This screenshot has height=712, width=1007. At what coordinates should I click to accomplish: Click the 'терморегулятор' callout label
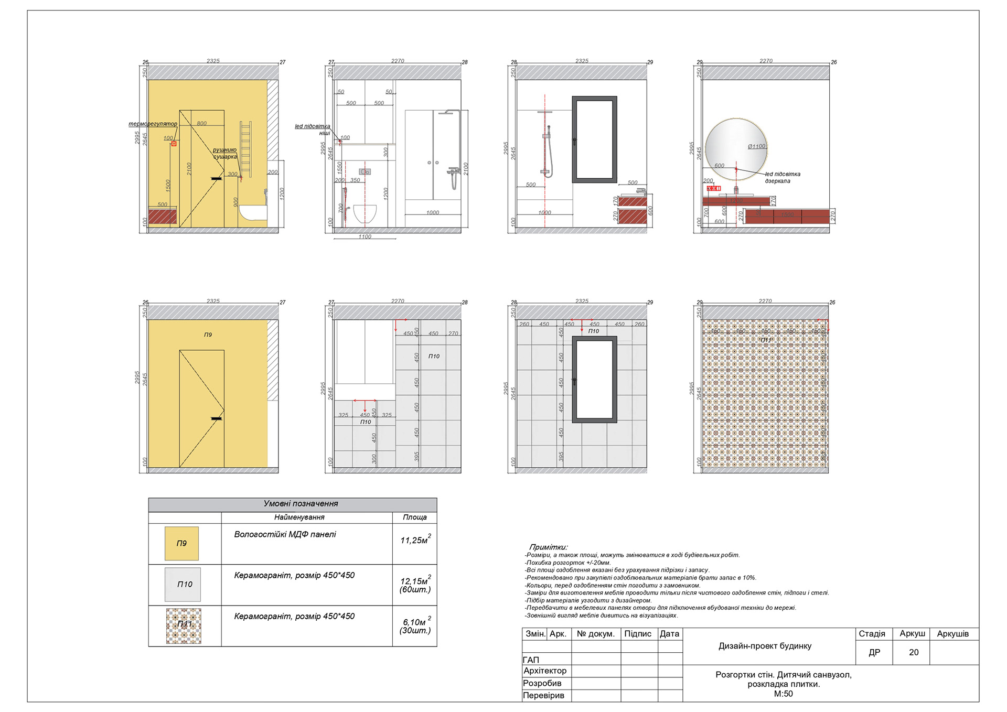click(153, 124)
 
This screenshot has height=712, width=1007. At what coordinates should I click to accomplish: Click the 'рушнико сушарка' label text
click(225, 153)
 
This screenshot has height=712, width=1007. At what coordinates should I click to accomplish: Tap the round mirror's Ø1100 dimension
click(756, 146)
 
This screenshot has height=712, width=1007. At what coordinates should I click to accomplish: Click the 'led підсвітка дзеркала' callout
click(782, 177)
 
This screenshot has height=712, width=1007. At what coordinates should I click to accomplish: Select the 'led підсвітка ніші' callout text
click(313, 130)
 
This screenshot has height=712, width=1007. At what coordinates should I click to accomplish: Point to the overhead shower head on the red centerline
click(545, 112)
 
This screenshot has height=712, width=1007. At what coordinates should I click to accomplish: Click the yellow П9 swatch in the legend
click(181, 543)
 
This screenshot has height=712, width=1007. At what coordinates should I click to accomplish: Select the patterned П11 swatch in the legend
click(184, 625)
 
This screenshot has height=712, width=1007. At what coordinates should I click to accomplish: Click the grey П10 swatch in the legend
click(183, 584)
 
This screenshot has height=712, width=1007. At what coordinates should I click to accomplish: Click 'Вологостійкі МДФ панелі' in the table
click(285, 534)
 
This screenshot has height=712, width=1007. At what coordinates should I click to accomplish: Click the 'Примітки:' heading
click(548, 547)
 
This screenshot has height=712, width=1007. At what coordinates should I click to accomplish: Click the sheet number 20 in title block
click(914, 652)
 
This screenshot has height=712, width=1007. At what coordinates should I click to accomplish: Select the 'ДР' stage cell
click(874, 652)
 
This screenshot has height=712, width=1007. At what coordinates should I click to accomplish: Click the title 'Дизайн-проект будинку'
click(765, 646)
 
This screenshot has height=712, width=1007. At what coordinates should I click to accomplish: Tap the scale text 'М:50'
click(783, 694)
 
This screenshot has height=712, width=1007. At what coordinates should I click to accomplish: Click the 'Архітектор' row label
click(545, 671)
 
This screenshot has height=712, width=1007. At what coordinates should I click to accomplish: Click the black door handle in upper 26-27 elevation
click(216, 179)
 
